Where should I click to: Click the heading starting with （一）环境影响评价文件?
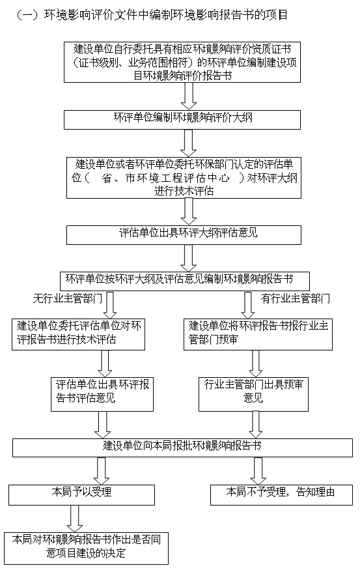[x=152, y=15]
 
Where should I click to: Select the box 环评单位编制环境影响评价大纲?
[x=182, y=120]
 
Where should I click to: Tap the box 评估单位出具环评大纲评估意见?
[x=184, y=235]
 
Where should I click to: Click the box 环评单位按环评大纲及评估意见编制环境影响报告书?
[x=184, y=281]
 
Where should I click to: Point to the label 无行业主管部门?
[x=68, y=299]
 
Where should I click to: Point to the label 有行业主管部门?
[x=296, y=299]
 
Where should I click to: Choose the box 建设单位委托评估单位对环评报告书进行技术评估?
[x=79, y=334]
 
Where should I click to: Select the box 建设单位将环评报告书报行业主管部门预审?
[x=258, y=334]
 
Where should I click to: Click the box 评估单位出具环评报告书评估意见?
[x=102, y=394]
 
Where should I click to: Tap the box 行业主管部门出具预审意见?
[x=253, y=394]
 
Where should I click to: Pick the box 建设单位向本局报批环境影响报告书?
[x=182, y=448]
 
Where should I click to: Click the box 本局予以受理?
[x=82, y=494]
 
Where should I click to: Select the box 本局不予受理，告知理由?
[x=281, y=494]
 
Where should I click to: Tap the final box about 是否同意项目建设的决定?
[x=86, y=549]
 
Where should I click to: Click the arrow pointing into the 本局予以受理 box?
[x=102, y=471]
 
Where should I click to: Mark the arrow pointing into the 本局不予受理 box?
[x=258, y=471]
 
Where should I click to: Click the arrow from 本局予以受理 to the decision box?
[x=75, y=519]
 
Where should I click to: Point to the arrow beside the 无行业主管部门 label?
[x=109, y=305]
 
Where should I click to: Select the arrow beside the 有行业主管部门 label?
[x=248, y=305]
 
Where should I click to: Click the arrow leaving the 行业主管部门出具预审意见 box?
[x=256, y=425]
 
